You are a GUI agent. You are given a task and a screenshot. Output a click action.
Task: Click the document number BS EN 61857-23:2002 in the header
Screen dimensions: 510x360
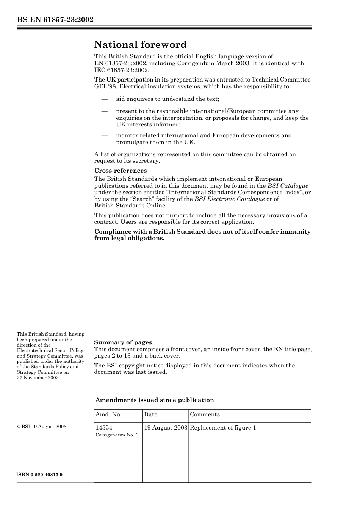point(55,20)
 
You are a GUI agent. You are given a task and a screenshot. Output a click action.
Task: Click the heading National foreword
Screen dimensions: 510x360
point(140,45)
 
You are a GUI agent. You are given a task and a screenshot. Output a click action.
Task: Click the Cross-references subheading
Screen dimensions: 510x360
point(120,171)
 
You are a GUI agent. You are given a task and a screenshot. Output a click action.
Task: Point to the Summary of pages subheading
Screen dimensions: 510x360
point(123,342)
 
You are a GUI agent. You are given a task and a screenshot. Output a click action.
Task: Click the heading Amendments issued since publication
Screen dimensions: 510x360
point(154,400)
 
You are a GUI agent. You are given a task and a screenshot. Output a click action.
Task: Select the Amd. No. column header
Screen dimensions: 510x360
point(108,414)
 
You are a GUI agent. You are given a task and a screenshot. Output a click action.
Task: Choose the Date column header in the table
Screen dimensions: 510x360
point(150,414)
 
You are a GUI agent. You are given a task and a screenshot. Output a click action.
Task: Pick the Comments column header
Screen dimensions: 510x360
point(205,414)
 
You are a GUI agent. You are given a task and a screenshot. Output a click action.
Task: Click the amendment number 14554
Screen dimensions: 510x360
point(104,428)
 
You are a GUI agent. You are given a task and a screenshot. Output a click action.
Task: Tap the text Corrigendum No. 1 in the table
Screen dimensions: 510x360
point(117,435)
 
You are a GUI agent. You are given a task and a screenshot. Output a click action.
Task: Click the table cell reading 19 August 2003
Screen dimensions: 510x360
point(166,428)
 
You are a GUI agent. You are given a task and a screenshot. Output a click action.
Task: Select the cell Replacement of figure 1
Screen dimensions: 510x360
point(223,428)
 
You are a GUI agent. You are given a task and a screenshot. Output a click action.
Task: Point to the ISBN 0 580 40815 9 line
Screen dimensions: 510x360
point(39,475)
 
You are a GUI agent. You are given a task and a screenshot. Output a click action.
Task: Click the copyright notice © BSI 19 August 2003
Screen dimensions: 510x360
point(41,427)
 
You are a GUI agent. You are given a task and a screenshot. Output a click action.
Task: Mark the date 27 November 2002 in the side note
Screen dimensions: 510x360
point(38,378)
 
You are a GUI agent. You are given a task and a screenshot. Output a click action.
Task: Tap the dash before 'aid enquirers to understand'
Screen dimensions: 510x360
point(104,99)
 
